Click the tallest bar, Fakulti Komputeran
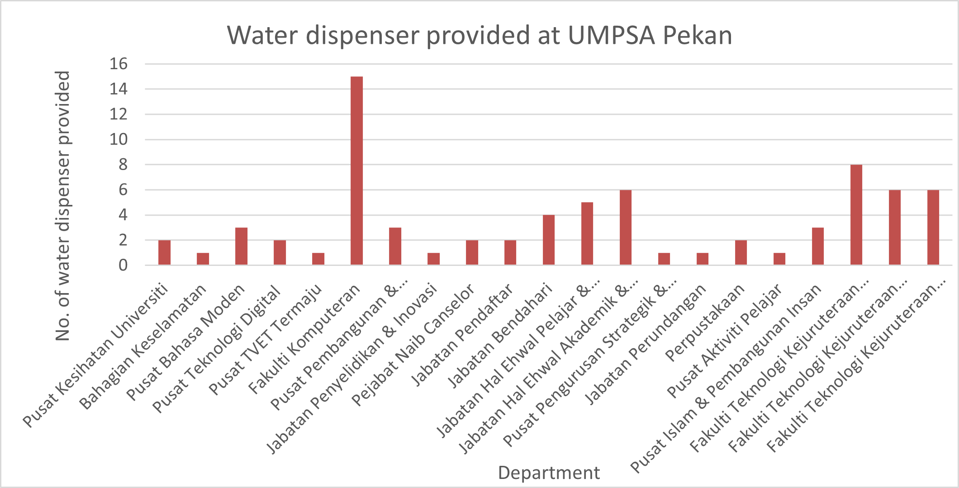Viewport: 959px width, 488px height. (x=356, y=171)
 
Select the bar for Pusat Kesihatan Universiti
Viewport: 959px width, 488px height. (x=164, y=252)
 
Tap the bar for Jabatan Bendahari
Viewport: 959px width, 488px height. (x=549, y=240)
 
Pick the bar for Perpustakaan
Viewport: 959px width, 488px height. (x=741, y=252)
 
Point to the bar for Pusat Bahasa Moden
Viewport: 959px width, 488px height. (x=241, y=246)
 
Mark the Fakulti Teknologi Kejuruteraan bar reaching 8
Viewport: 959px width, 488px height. (x=856, y=215)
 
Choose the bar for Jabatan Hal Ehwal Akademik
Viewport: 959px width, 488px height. (x=626, y=227)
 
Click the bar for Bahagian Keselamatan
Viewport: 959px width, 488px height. (x=203, y=259)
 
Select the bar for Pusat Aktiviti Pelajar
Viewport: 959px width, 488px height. (x=779, y=259)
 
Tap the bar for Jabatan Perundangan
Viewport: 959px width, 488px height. (x=703, y=259)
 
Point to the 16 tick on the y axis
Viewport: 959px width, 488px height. (x=119, y=64)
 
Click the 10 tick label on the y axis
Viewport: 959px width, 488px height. (x=119, y=139)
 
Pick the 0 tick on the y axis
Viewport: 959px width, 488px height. (x=123, y=265)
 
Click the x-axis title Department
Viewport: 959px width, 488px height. (x=549, y=473)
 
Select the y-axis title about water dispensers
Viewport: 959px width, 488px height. (x=63, y=206)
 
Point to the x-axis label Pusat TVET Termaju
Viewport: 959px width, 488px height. (x=265, y=339)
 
